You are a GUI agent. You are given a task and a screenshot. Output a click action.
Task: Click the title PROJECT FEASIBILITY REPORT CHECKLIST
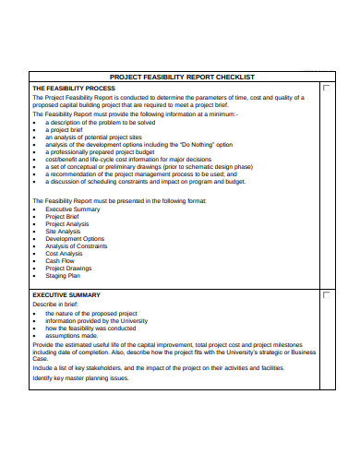182,77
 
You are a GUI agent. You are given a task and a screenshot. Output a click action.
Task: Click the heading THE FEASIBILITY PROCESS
74,87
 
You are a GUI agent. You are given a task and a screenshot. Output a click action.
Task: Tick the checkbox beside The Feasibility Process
326,88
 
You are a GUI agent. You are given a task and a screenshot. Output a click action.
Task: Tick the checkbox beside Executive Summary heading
326,295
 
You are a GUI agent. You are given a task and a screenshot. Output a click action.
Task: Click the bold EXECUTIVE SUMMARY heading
66,294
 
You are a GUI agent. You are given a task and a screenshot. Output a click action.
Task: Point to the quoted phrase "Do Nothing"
181,144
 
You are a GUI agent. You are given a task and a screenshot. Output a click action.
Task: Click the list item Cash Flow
60,261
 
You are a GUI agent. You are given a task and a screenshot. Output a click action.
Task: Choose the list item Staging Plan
63,275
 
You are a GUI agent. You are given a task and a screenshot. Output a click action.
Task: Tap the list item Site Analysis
64,232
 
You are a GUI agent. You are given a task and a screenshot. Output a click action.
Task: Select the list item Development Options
75,239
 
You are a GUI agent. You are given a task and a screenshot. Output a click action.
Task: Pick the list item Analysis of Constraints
78,246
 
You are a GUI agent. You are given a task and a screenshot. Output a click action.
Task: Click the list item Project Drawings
68,269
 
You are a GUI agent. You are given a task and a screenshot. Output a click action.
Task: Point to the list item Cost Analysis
65,254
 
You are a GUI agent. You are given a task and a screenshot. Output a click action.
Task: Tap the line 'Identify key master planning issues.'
90,377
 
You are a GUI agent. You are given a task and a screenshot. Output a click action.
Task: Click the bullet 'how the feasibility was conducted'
90,329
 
